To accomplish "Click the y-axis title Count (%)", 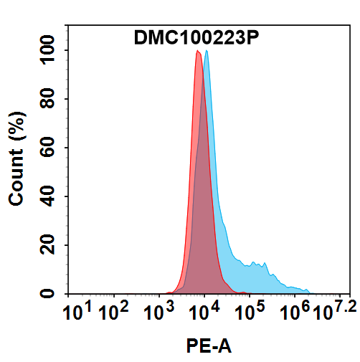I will point(17,158).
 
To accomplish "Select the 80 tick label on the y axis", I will point(49,100).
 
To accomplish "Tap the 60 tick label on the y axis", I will point(49,148).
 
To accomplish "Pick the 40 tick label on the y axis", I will point(49,197).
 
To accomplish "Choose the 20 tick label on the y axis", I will point(49,246).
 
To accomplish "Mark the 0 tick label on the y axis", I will point(54,294).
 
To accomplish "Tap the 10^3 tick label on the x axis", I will point(158,313).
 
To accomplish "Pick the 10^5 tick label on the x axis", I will point(249,313).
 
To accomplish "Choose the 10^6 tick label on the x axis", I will point(294,313).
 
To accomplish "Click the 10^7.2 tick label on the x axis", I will point(331,313).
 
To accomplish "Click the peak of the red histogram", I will point(197,52).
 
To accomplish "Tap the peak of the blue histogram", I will point(207,52).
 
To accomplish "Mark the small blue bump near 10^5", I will point(267,264).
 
